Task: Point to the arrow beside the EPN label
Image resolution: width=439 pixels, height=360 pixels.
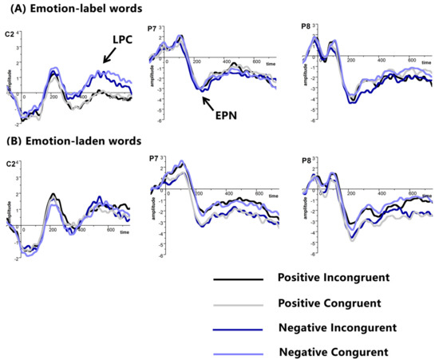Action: pyautogui.click(x=208, y=100)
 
